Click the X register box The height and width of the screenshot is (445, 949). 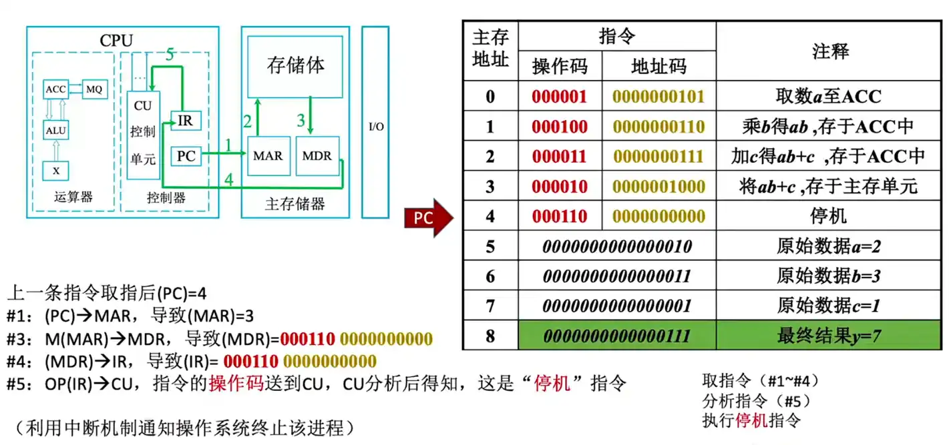tap(56, 171)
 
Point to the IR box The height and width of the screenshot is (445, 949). tap(185, 121)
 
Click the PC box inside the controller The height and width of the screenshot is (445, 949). tap(186, 156)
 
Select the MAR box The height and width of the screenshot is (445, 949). tap(268, 156)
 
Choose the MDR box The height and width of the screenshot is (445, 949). tap(317, 156)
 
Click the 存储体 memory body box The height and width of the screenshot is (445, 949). tap(295, 65)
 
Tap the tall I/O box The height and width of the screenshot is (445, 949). tap(376, 122)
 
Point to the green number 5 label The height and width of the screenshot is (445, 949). tap(170, 55)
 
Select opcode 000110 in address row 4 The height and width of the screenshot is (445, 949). tap(560, 216)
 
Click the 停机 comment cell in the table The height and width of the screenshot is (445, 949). tap(829, 216)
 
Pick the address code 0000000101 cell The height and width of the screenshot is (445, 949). tap(658, 96)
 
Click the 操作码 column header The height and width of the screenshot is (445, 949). tap(560, 66)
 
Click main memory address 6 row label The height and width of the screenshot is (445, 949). tap(490, 276)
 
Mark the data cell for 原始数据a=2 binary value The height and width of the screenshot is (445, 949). tap(616, 246)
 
